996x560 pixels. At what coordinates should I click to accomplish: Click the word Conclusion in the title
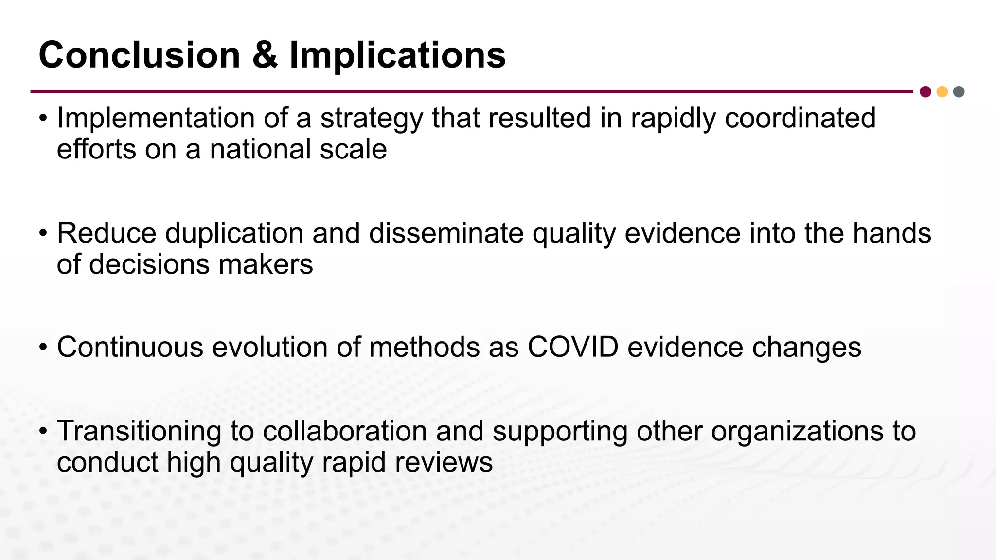pos(139,55)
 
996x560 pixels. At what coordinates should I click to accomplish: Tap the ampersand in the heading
pos(265,55)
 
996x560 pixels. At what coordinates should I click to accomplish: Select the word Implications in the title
pos(397,55)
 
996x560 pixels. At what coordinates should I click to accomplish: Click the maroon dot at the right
pos(925,92)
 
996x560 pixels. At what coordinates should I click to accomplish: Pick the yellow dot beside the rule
pos(942,92)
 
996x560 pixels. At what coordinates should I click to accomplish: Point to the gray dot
pos(959,92)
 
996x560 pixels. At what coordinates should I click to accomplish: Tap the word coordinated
pos(800,118)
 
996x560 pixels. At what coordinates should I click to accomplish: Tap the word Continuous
pos(130,347)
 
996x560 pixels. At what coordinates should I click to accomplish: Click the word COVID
pos(573,347)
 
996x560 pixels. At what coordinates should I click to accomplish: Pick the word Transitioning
pos(139,431)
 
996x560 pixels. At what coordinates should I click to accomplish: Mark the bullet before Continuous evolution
pos(43,348)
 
